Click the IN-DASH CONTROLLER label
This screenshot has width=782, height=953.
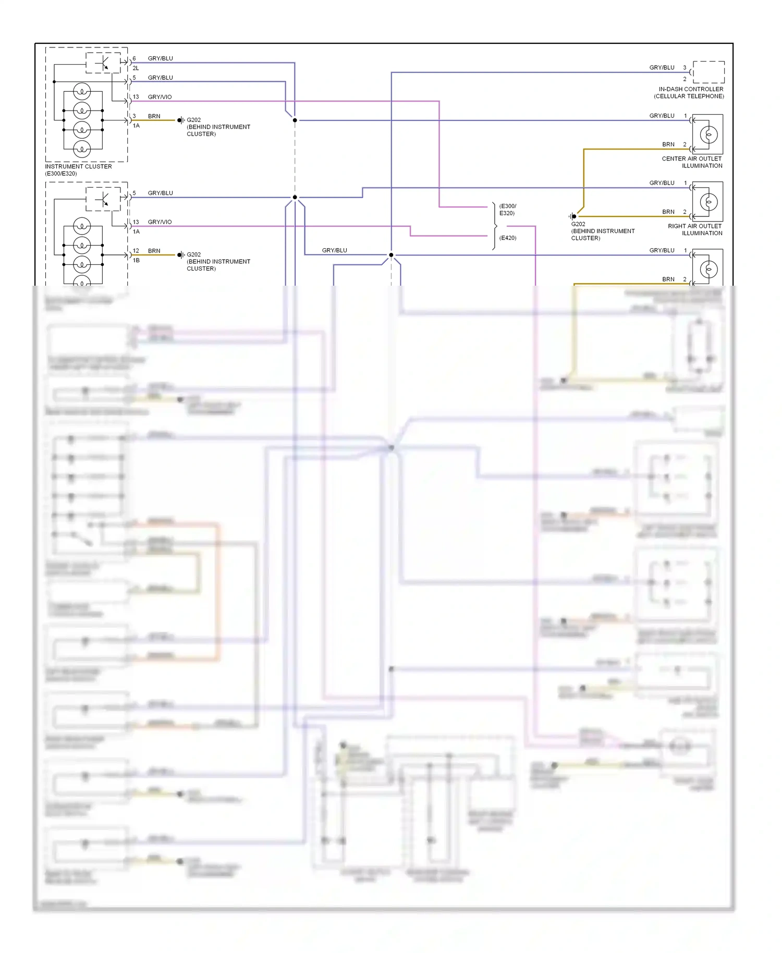(x=691, y=89)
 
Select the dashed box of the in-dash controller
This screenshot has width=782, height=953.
(x=708, y=72)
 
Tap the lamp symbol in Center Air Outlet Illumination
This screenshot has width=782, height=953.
(x=708, y=135)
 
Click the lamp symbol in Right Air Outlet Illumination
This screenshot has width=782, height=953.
(x=708, y=202)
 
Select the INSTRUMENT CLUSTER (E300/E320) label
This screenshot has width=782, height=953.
(x=78, y=170)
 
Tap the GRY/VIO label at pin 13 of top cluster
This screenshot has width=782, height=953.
(x=160, y=97)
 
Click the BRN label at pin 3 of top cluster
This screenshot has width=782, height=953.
(x=154, y=116)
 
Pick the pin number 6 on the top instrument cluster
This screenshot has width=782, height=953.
(x=134, y=58)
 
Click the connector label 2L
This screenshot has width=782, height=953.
(x=136, y=68)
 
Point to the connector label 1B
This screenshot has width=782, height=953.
(x=136, y=260)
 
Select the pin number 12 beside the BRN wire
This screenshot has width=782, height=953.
(x=136, y=251)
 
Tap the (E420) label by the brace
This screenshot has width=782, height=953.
(x=508, y=238)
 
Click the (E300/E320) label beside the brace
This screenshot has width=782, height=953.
(x=507, y=210)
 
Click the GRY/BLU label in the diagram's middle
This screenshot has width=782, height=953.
(x=334, y=250)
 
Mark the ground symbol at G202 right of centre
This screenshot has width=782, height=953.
(x=573, y=216)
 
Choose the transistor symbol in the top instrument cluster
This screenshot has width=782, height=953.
(x=103, y=63)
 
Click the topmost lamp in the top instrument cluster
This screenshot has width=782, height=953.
(x=82, y=91)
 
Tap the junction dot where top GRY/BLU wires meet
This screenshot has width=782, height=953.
(x=295, y=120)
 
